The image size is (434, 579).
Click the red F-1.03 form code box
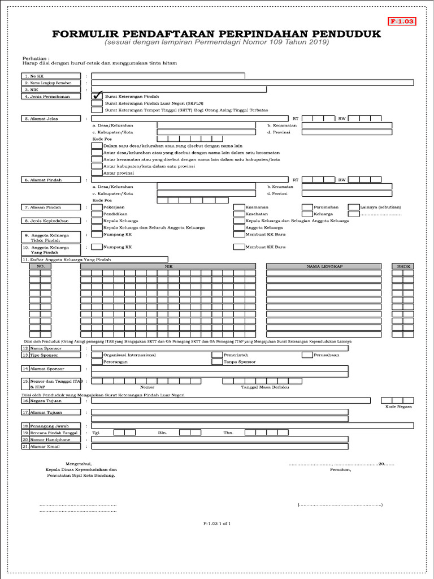click(x=402, y=21)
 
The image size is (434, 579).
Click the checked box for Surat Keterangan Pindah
click(x=97, y=97)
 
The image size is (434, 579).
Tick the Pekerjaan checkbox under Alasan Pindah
click(x=97, y=208)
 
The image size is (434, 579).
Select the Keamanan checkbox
click(x=239, y=208)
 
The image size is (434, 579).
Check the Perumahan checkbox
click(x=307, y=208)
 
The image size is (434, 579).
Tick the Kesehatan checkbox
click(x=239, y=214)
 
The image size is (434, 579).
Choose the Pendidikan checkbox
click(x=97, y=214)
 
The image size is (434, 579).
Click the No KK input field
click(x=168, y=75)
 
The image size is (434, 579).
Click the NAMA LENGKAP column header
click(x=325, y=266)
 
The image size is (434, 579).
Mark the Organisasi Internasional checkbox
click(x=97, y=355)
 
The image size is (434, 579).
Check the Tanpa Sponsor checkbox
click(x=217, y=362)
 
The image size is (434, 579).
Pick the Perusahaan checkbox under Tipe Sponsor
click(x=307, y=355)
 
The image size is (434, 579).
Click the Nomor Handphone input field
click(x=219, y=439)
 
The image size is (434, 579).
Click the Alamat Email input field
click(x=219, y=447)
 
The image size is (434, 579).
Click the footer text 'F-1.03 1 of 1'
click(x=217, y=524)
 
